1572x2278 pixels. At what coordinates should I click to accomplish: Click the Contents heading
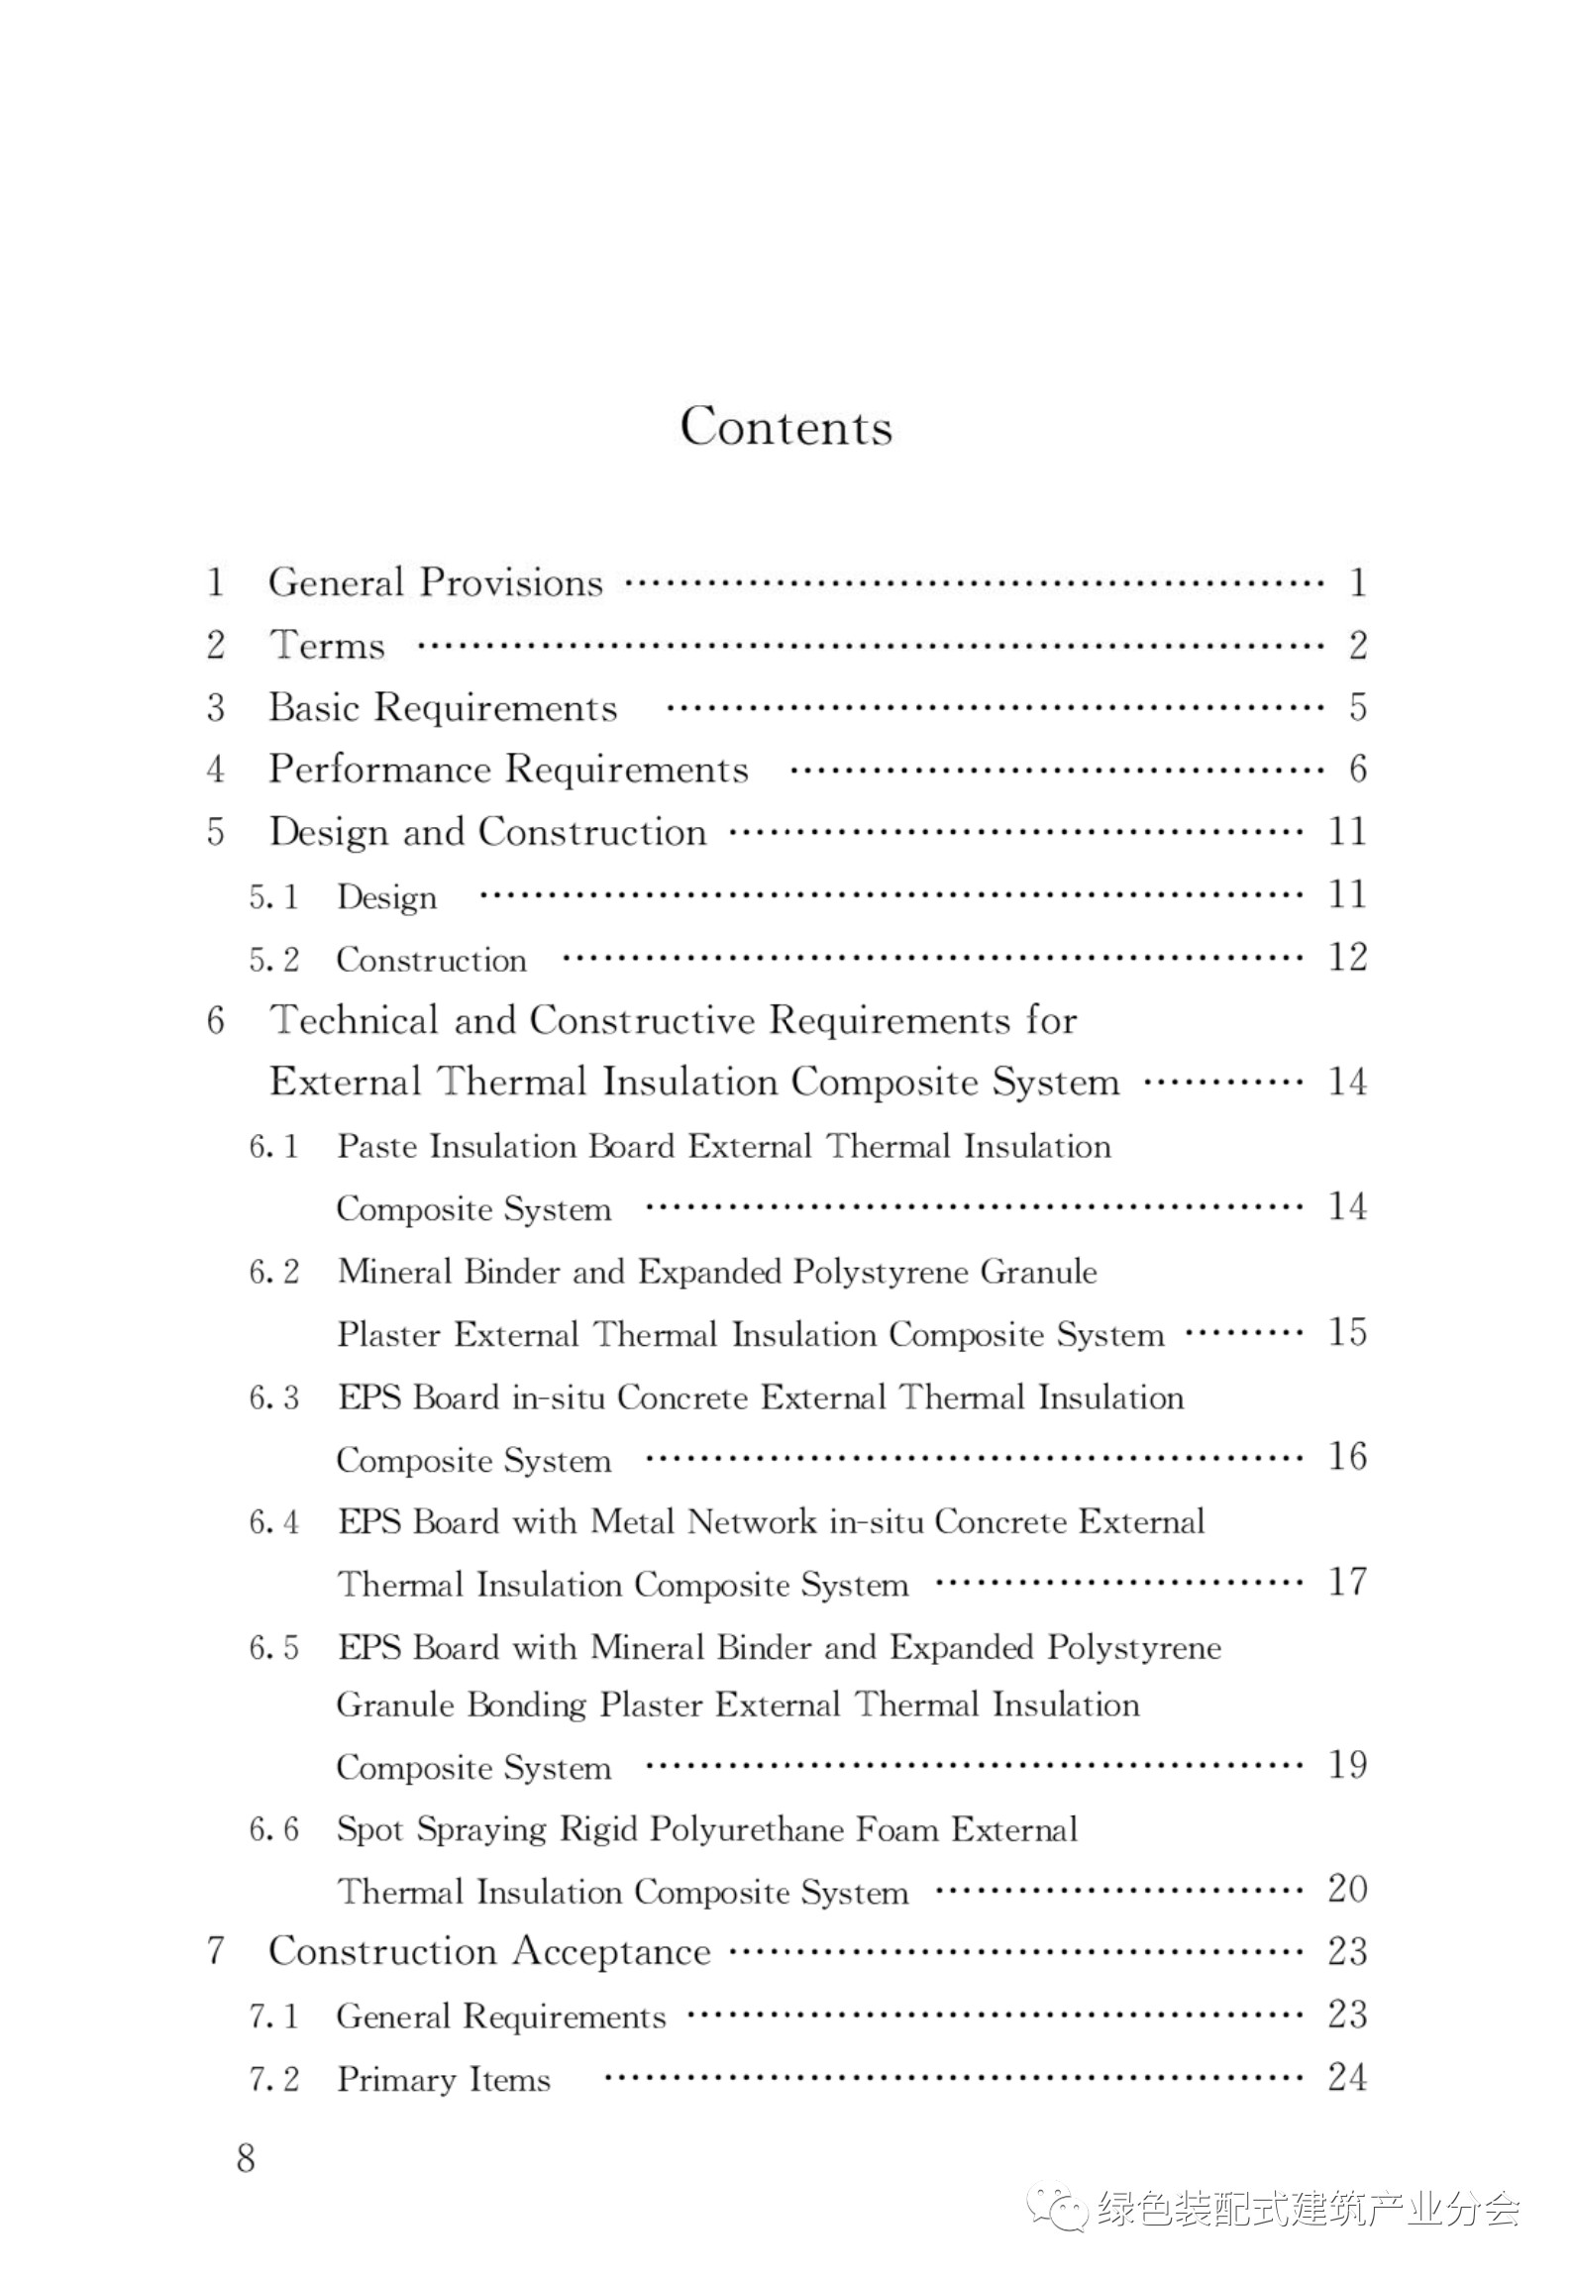pos(786,427)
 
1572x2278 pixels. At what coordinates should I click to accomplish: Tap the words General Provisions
pos(435,582)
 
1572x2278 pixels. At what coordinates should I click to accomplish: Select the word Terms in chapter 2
pos(327,646)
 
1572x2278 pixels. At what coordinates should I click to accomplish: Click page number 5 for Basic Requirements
pos(1357,707)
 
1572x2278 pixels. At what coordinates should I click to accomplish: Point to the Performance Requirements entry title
pos(508,770)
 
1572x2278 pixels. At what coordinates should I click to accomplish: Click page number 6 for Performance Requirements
pos(1357,770)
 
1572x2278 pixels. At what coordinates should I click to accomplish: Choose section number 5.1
pos(273,897)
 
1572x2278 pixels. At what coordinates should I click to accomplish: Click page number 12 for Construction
pos(1347,958)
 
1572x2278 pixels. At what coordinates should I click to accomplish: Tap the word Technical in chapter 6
pos(355,1020)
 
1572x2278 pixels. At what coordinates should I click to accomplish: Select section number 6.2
pos(273,1272)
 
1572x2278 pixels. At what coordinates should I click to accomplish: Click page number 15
pos(1347,1333)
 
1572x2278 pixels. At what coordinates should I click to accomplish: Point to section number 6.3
pos(273,1398)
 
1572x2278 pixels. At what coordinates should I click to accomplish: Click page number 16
pos(1347,1457)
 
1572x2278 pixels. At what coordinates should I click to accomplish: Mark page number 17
pos(1347,1582)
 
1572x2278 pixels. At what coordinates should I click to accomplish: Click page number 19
pos(1347,1764)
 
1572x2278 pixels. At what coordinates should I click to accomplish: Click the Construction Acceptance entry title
pos(489,1951)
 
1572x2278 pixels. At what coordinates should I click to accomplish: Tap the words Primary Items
pos(443,2079)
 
